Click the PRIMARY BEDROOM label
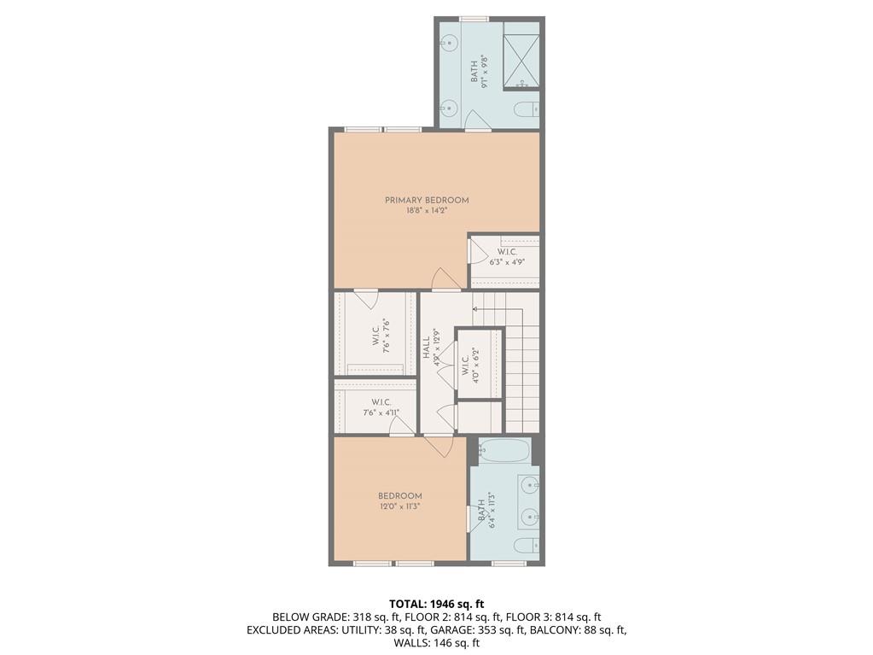click(x=427, y=201)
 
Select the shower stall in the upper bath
click(x=521, y=61)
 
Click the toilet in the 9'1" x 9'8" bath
click(x=527, y=109)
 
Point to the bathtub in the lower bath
click(x=504, y=449)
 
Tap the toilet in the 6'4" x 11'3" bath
click(x=527, y=546)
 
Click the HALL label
click(x=425, y=347)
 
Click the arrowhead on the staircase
click(x=475, y=307)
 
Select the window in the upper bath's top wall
click(x=474, y=19)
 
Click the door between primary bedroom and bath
click(x=478, y=121)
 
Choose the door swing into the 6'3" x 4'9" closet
click(x=478, y=252)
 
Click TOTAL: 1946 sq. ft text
click(x=436, y=604)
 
